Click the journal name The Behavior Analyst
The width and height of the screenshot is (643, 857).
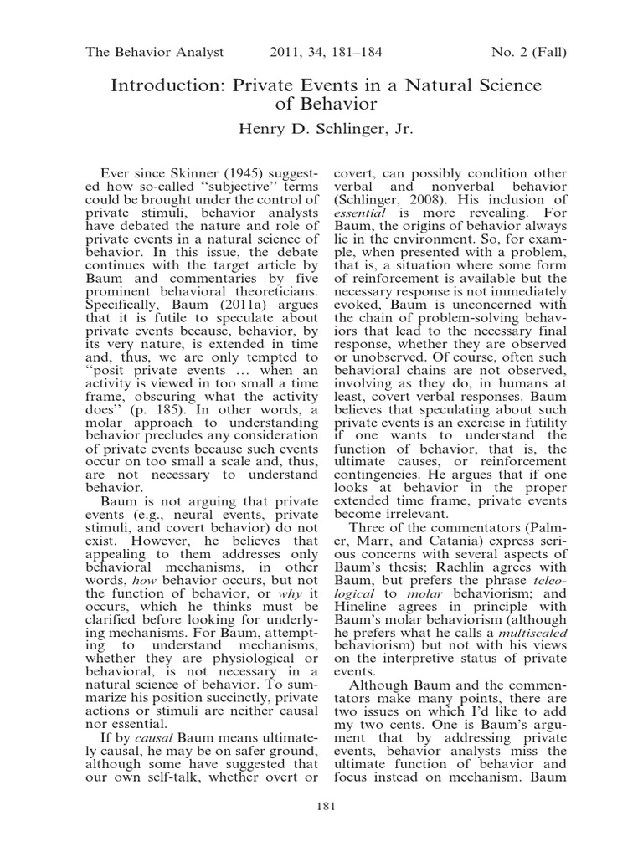tap(155, 53)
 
